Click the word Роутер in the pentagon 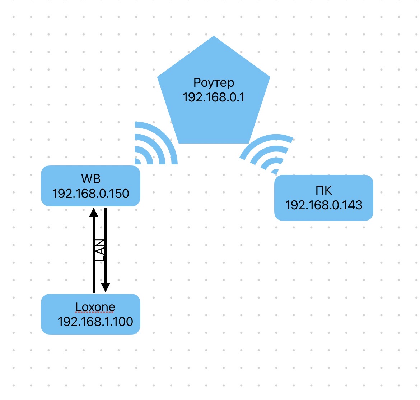214,83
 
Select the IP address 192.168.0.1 214,97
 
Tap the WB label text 90,179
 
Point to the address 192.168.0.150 90,194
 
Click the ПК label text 323,190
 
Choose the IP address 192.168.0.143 323,205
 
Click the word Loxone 95,307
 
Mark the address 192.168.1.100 95,322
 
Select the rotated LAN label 100,250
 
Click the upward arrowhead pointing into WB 94,212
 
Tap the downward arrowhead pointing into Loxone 105,287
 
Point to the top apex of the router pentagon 214,37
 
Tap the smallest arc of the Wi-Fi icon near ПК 275,171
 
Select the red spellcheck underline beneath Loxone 95,312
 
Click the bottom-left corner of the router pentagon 179,142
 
